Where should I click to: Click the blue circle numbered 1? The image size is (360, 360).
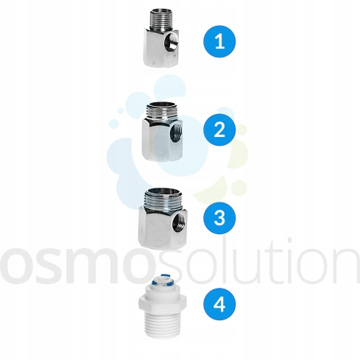pyautogui.click(x=219, y=41)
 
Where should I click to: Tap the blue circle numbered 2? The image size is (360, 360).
pyautogui.click(x=219, y=130)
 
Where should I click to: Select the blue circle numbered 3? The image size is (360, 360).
pyautogui.click(x=219, y=218)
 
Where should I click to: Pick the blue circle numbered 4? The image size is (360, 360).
pyautogui.click(x=219, y=304)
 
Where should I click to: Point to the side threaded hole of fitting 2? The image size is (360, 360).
pyautogui.click(x=176, y=133)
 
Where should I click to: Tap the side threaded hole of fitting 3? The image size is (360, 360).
pyautogui.click(x=180, y=222)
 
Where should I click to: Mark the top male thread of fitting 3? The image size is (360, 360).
pyautogui.click(x=163, y=199)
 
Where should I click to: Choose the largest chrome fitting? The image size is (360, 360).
pyautogui.click(x=163, y=217)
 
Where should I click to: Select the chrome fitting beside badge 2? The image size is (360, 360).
pyautogui.click(x=162, y=131)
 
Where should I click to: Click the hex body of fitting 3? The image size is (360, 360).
pyautogui.click(x=163, y=227)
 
